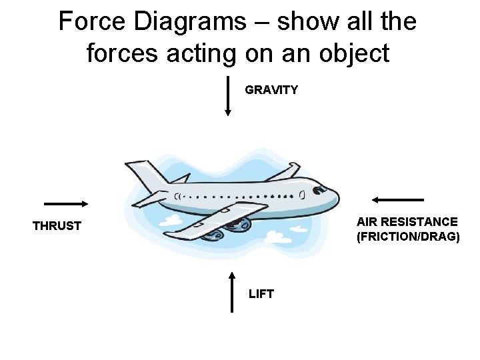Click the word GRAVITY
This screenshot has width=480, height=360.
(271, 90)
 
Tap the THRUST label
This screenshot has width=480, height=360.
(57, 226)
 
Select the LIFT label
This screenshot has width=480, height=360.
(261, 294)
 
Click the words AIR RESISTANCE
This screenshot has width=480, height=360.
(407, 221)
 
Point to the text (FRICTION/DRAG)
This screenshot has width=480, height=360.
(408, 237)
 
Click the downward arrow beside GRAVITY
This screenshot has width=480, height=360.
(228, 97)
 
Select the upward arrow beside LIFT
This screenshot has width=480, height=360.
(231, 291)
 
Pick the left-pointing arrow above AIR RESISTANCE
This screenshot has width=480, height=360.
(398, 199)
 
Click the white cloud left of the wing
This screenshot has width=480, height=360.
(171, 219)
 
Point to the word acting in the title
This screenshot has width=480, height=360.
(199, 53)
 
